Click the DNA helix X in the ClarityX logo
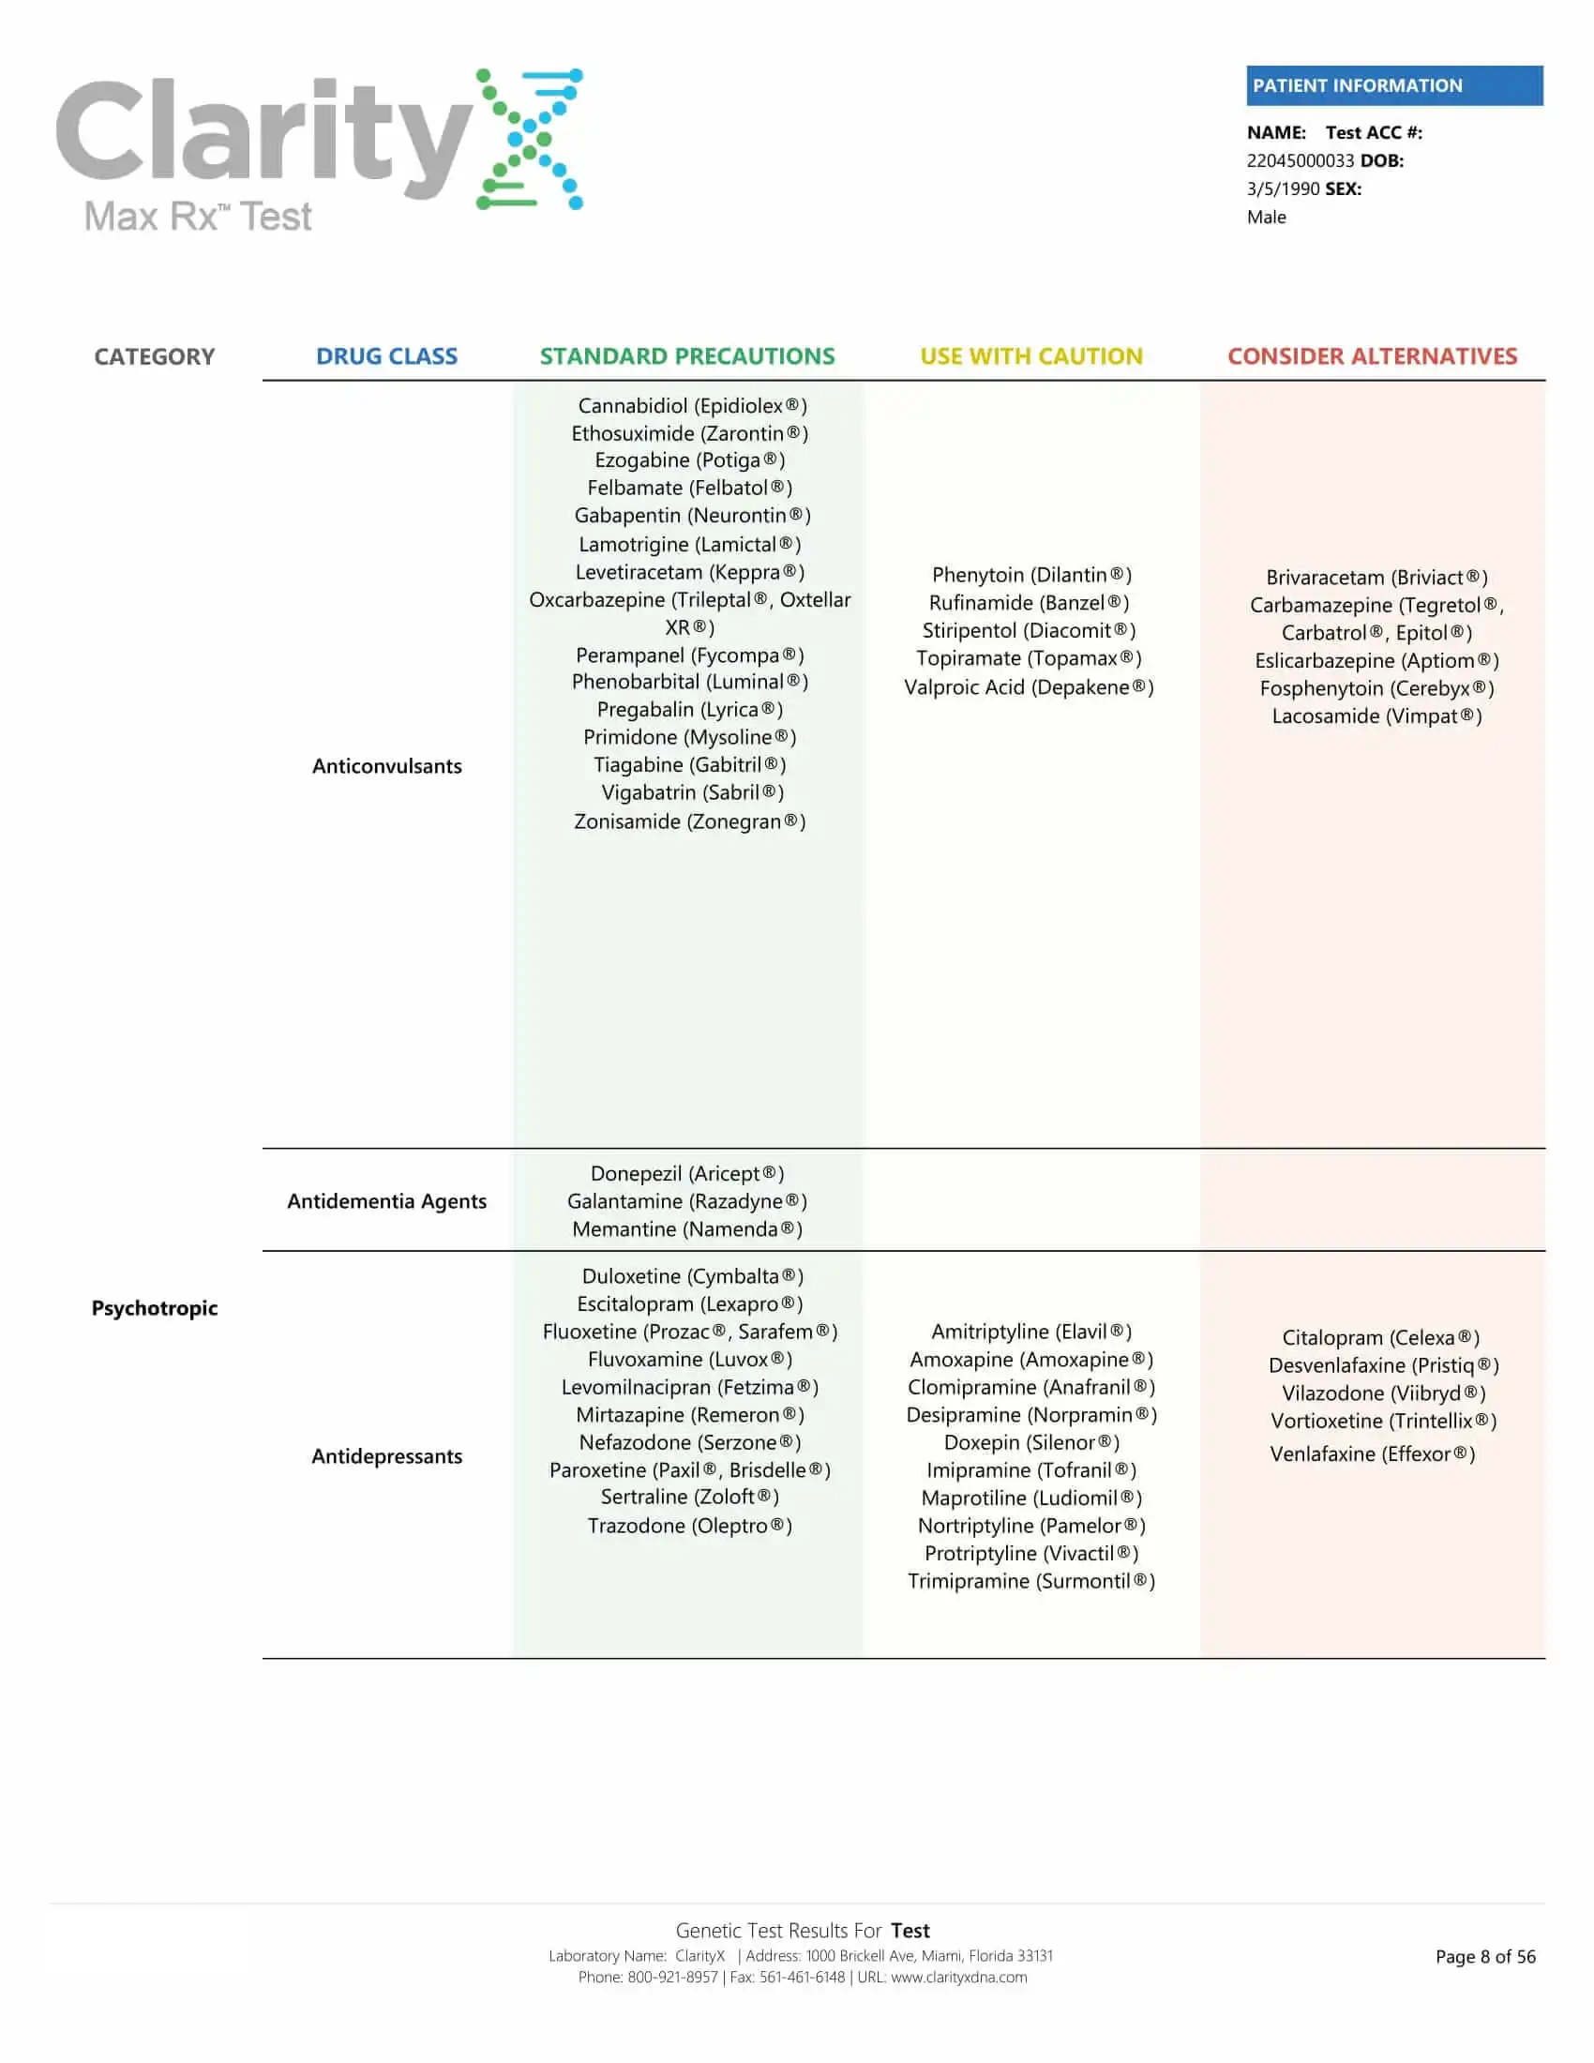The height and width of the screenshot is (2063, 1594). [530, 139]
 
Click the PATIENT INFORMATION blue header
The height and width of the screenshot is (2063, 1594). [1392, 85]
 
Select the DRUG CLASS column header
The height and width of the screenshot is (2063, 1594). [386, 356]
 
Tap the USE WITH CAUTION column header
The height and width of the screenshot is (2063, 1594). [1030, 356]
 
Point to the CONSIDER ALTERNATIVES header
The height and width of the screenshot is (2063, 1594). [1371, 356]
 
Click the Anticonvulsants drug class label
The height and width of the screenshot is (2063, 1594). [386, 766]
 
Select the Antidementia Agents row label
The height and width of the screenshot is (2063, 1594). [386, 1200]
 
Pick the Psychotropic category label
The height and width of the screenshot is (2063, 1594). [154, 1307]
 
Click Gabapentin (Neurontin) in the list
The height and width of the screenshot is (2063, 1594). [691, 516]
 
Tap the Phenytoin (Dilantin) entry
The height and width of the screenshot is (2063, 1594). [1030, 575]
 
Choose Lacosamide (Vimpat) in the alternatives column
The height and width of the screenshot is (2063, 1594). [1376, 716]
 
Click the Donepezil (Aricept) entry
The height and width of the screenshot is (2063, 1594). [686, 1173]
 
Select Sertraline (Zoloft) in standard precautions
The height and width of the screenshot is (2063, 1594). [689, 1497]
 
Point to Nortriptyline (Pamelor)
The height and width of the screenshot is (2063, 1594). [1030, 1526]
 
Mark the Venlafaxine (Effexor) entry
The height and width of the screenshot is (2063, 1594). [1371, 1453]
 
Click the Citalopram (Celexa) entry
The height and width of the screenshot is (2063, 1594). [1379, 1337]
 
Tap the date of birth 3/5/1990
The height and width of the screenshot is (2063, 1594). [1283, 188]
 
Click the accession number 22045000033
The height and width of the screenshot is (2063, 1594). [1300, 160]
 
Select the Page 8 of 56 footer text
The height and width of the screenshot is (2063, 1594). [1484, 1956]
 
